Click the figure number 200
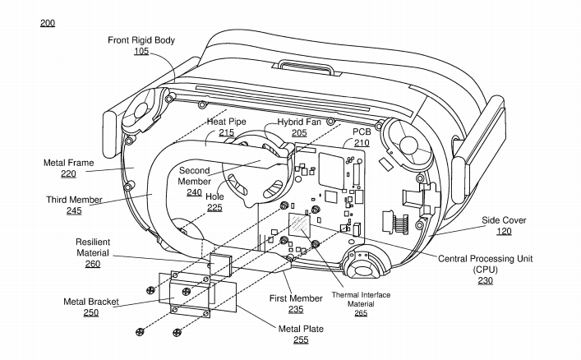point(48,23)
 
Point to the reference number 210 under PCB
point(362,142)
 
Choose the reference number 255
point(301,339)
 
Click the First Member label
point(295,298)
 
